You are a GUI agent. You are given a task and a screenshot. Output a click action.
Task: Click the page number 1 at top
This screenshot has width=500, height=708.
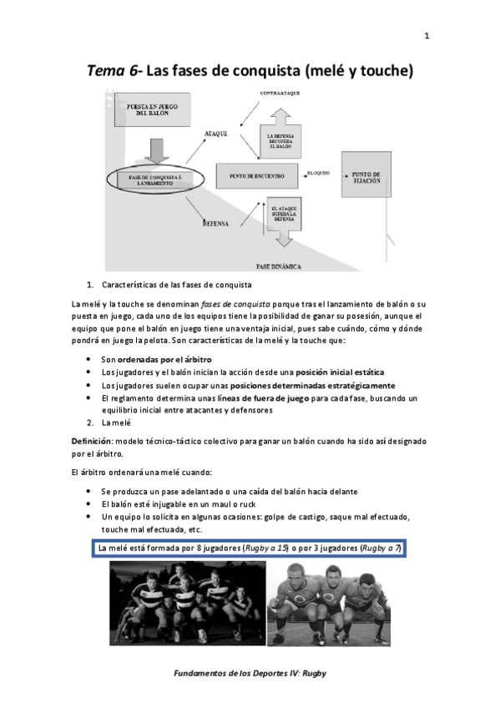(427, 36)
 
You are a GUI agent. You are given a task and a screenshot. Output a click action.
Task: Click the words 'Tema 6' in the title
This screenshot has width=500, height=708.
(115, 72)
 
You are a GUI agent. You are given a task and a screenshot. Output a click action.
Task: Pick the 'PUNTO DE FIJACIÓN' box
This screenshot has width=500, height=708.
(366, 177)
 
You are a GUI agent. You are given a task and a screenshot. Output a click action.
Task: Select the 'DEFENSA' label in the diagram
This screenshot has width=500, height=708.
(216, 223)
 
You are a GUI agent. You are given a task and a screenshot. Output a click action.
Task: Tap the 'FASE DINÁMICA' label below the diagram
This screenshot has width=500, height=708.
(279, 266)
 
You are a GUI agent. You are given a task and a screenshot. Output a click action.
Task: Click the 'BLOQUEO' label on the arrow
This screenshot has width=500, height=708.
(319, 173)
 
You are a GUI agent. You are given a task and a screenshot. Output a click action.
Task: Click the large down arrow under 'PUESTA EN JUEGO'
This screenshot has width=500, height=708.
(156, 148)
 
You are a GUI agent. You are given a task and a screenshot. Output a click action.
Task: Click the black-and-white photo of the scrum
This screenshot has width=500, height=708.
(187, 603)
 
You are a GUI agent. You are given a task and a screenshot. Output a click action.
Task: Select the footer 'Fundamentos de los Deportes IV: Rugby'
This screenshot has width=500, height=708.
(249, 672)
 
